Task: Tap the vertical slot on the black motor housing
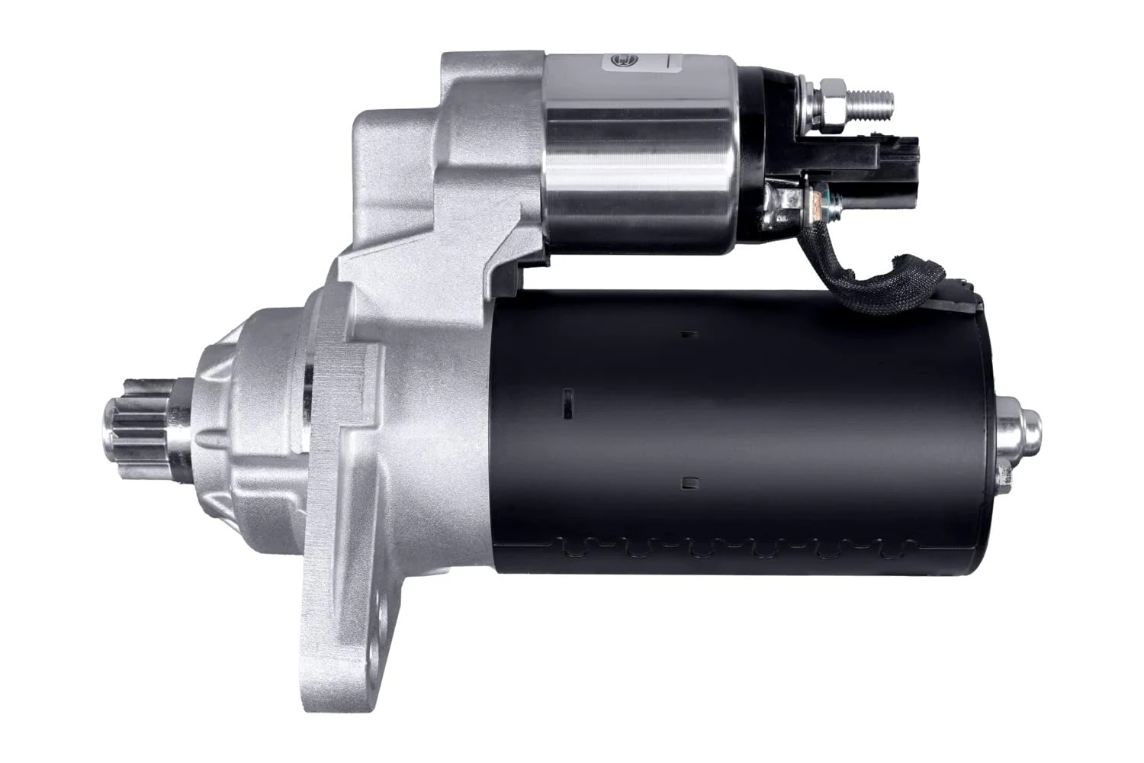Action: [567, 402]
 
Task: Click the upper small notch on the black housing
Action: [689, 333]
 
